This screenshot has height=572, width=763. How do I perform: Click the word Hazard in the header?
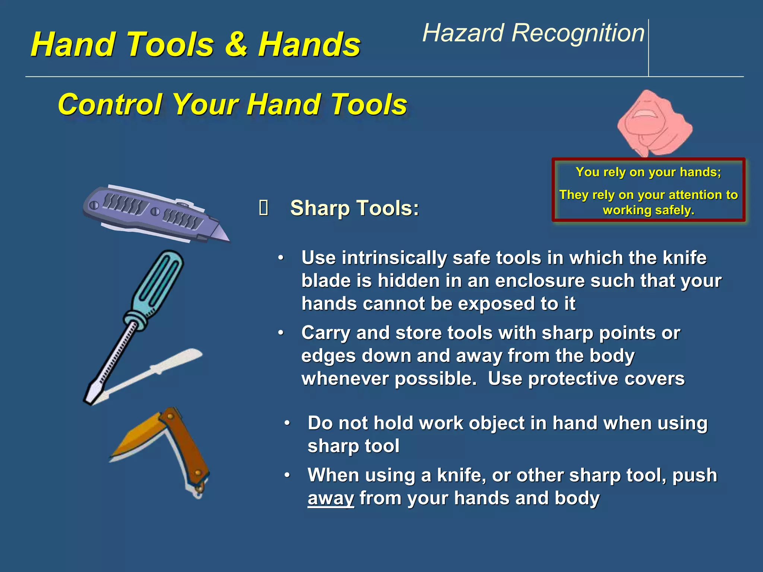(462, 33)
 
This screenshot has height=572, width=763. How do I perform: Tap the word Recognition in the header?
(578, 33)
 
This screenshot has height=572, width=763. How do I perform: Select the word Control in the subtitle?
(110, 104)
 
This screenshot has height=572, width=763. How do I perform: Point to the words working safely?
(649, 210)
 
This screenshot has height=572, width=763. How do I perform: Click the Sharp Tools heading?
(354, 208)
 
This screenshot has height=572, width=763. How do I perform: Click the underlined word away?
(330, 498)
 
